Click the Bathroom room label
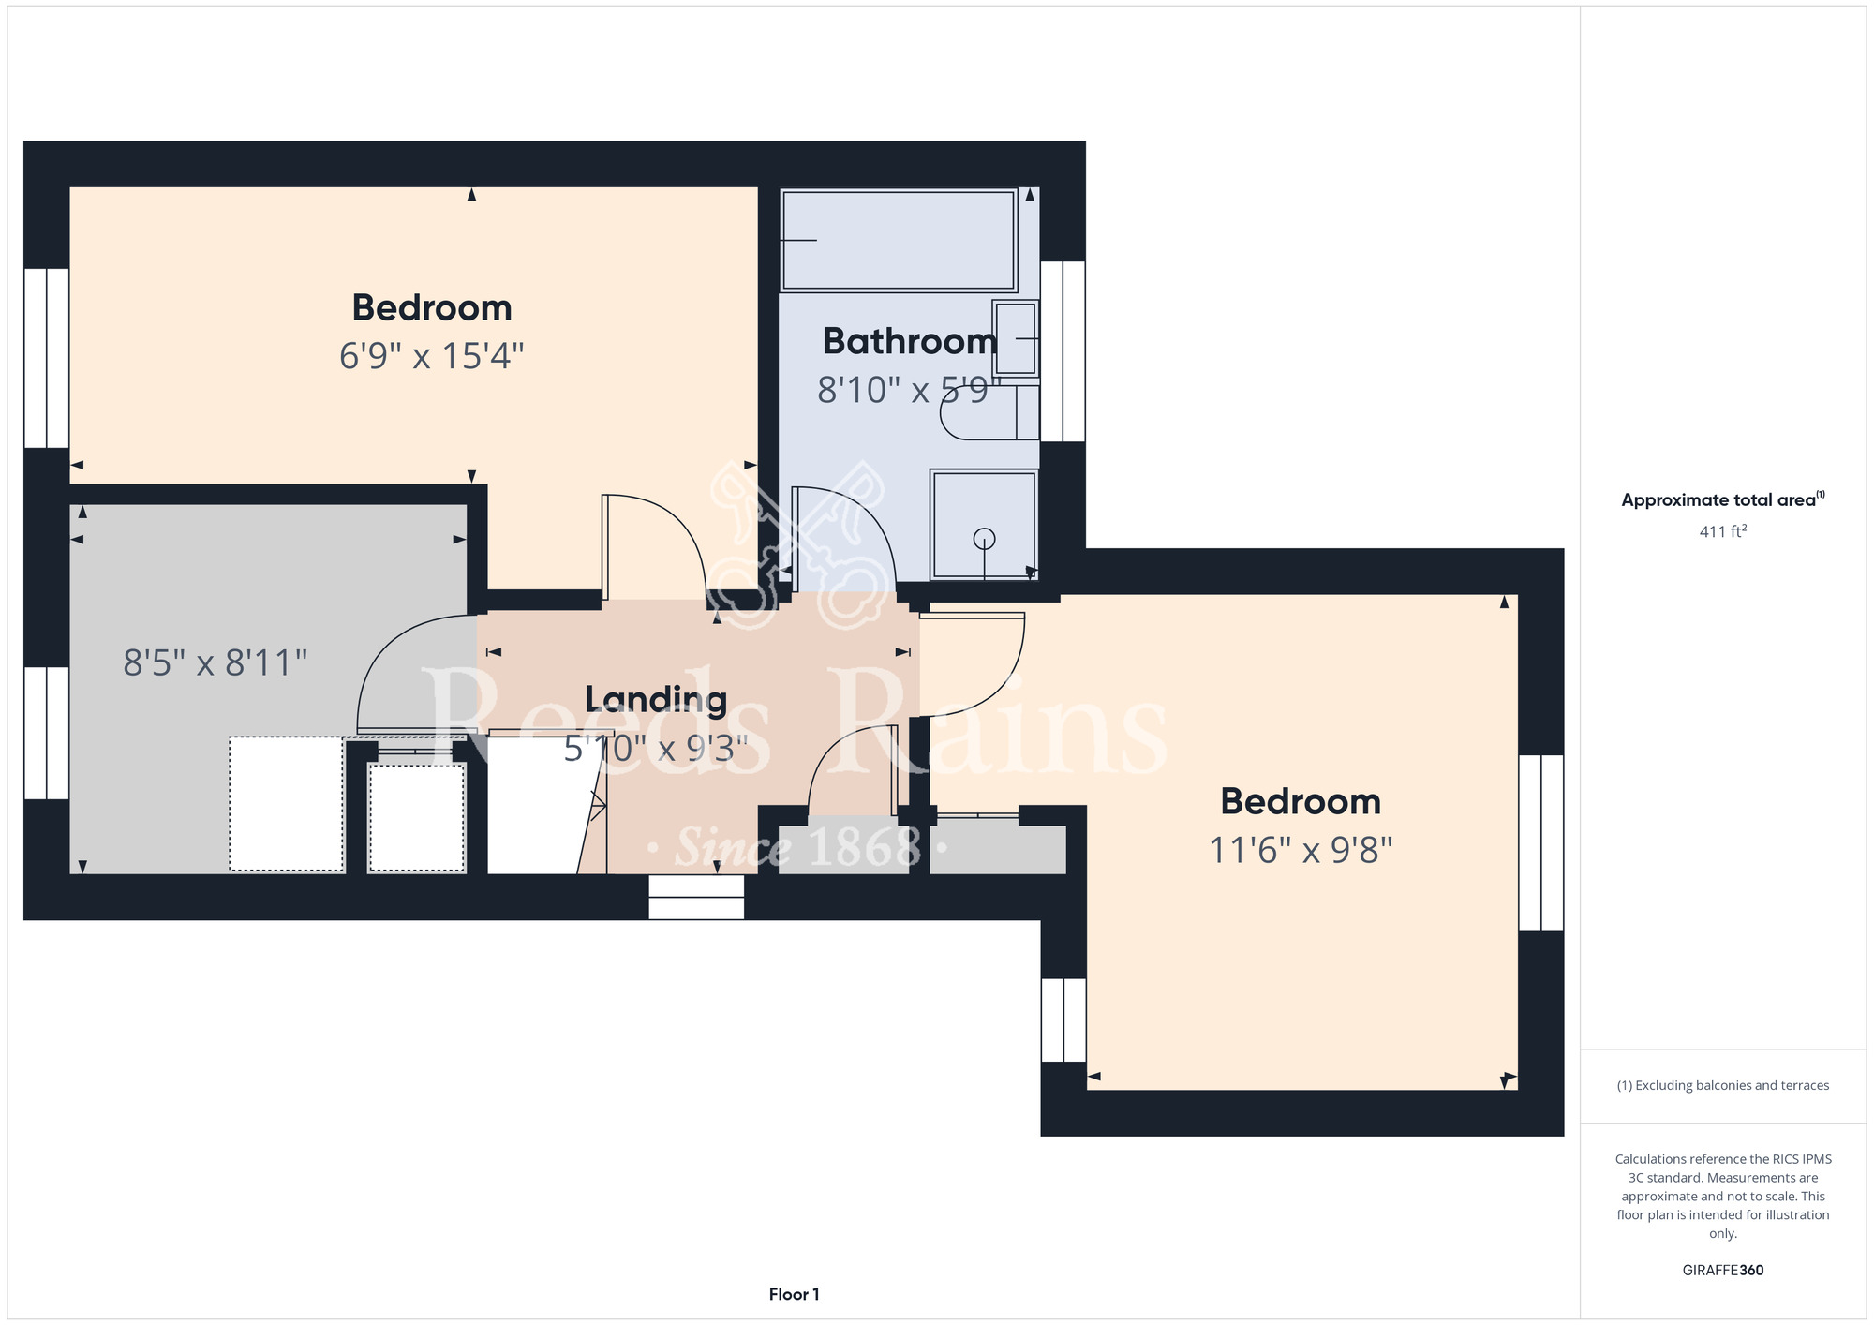pyautogui.click(x=910, y=341)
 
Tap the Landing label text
pyautogui.click(x=656, y=700)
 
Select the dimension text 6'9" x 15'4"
pyautogui.click(x=431, y=356)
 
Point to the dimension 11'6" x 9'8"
pyautogui.click(x=1301, y=851)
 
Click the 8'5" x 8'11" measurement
pyautogui.click(x=216, y=663)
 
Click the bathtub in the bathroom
pyautogui.click(x=900, y=241)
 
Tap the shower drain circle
pyautogui.click(x=984, y=539)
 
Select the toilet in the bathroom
pyautogui.click(x=989, y=412)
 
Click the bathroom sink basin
pyautogui.click(x=1016, y=338)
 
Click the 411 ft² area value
pyautogui.click(x=1723, y=531)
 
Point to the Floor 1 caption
pyautogui.click(x=794, y=1294)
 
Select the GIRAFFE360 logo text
pyautogui.click(x=1723, y=1271)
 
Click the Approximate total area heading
pyautogui.click(x=1723, y=499)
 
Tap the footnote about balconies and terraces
pyautogui.click(x=1723, y=1085)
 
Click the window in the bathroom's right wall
pyautogui.click(x=1063, y=351)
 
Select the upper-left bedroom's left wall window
pyautogui.click(x=46, y=358)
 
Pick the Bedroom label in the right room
pyautogui.click(x=1301, y=802)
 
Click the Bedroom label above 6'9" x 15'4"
pyautogui.click(x=432, y=308)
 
